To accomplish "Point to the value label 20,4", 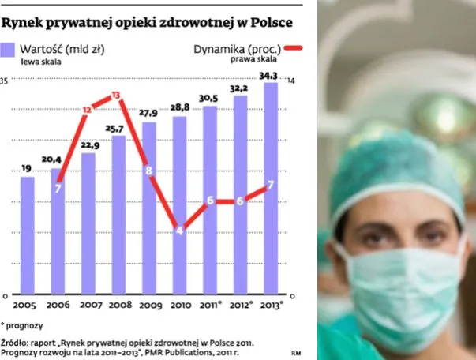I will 57,158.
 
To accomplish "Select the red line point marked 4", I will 179,231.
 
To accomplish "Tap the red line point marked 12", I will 87,110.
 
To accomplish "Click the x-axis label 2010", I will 180,305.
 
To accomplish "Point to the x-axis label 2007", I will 88,305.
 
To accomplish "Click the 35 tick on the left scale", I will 4,81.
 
